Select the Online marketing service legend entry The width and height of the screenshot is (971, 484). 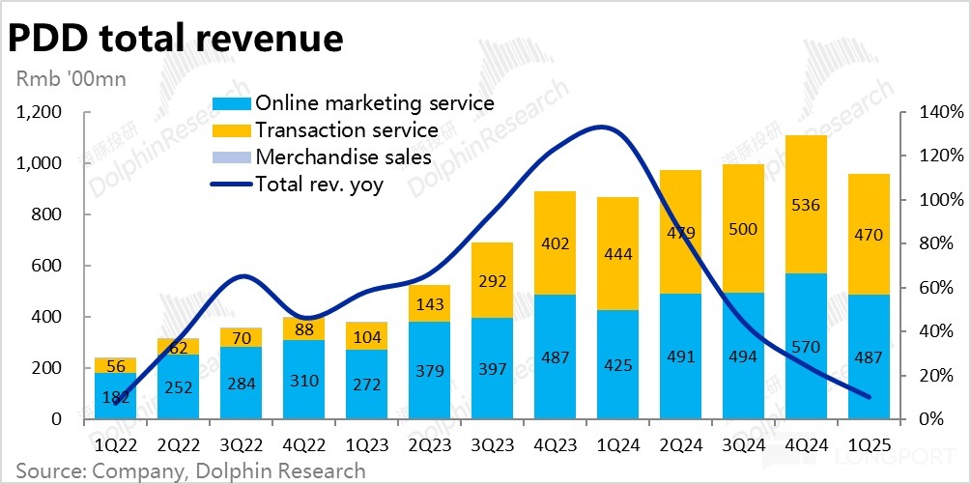click(x=374, y=103)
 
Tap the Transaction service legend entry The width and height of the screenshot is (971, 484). click(x=347, y=130)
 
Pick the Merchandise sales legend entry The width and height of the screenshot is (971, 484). click(x=343, y=157)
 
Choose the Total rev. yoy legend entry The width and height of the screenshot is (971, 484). click(x=319, y=184)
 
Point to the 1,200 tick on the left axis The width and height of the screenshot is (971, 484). click(x=40, y=113)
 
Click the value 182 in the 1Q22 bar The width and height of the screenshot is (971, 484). click(x=115, y=398)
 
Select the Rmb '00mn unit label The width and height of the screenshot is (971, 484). click(x=69, y=79)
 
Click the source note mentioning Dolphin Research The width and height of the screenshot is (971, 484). click(x=190, y=470)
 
